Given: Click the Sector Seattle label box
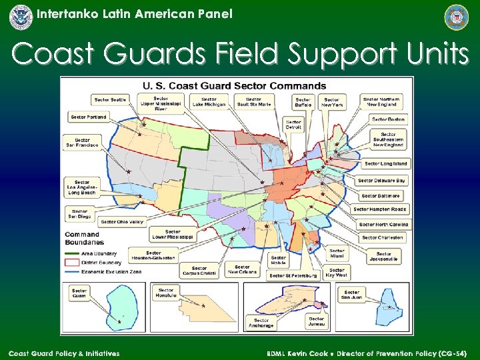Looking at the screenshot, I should tap(110, 100).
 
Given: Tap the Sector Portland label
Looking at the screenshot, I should tap(88, 117).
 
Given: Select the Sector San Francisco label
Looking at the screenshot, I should tap(82, 142).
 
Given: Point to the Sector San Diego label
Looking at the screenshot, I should tap(78, 214).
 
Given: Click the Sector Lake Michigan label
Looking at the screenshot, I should tap(209, 101).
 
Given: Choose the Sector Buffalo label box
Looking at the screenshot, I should tap(303, 102).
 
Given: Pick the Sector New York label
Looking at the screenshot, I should tap(331, 102).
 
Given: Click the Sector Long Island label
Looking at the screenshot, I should tap(385, 163).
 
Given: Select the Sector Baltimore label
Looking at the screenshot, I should tap(381, 196).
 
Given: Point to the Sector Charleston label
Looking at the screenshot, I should tap(382, 237).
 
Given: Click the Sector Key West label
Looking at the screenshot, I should tap(336, 272).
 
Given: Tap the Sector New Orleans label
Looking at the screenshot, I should tap(242, 269).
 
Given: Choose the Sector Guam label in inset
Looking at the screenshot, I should tap(79, 293).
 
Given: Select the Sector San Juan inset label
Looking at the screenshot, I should tap(351, 295).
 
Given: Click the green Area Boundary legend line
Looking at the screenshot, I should tap(71, 253).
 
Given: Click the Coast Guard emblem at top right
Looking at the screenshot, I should tap(457, 17).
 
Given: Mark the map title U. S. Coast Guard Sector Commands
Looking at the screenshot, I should tap(234, 85).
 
